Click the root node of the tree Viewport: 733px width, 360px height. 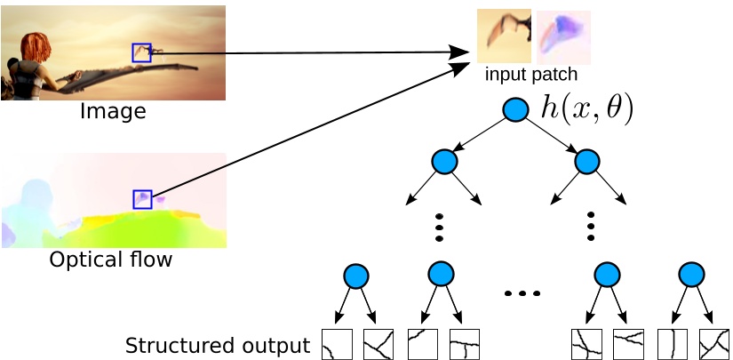(x=515, y=109)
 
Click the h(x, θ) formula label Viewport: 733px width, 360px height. (x=587, y=108)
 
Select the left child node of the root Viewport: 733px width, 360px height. (x=443, y=161)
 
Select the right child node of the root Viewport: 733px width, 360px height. (x=587, y=161)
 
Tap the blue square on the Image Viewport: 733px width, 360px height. (x=141, y=52)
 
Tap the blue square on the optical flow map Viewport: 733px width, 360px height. (x=142, y=199)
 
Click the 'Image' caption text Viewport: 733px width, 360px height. (x=112, y=112)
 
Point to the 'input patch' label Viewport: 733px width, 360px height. (x=531, y=74)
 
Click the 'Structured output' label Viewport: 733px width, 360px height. (x=218, y=345)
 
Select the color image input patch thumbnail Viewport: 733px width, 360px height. (x=504, y=36)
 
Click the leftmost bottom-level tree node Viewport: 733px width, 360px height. (x=356, y=276)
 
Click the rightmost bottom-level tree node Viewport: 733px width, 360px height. (x=691, y=275)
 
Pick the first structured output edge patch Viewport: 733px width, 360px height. (x=337, y=344)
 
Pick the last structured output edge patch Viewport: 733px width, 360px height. (x=713, y=344)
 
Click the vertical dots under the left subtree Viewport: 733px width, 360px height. (x=439, y=227)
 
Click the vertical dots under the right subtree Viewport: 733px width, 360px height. (x=591, y=227)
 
